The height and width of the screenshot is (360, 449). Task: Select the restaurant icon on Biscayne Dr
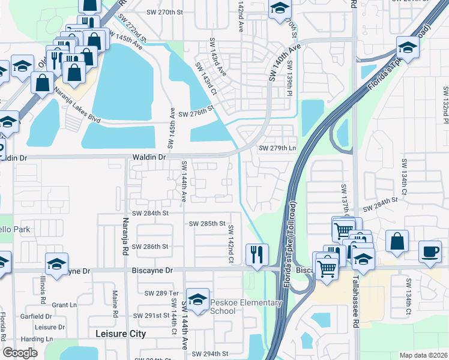tap(256, 254)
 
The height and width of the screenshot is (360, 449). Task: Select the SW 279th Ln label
tap(277, 148)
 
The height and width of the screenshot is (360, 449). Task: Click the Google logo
tap(20, 353)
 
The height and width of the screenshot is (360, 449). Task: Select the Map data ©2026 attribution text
tap(423, 355)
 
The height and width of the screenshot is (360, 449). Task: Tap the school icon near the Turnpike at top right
tap(407, 47)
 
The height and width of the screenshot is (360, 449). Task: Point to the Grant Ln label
tap(64, 305)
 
